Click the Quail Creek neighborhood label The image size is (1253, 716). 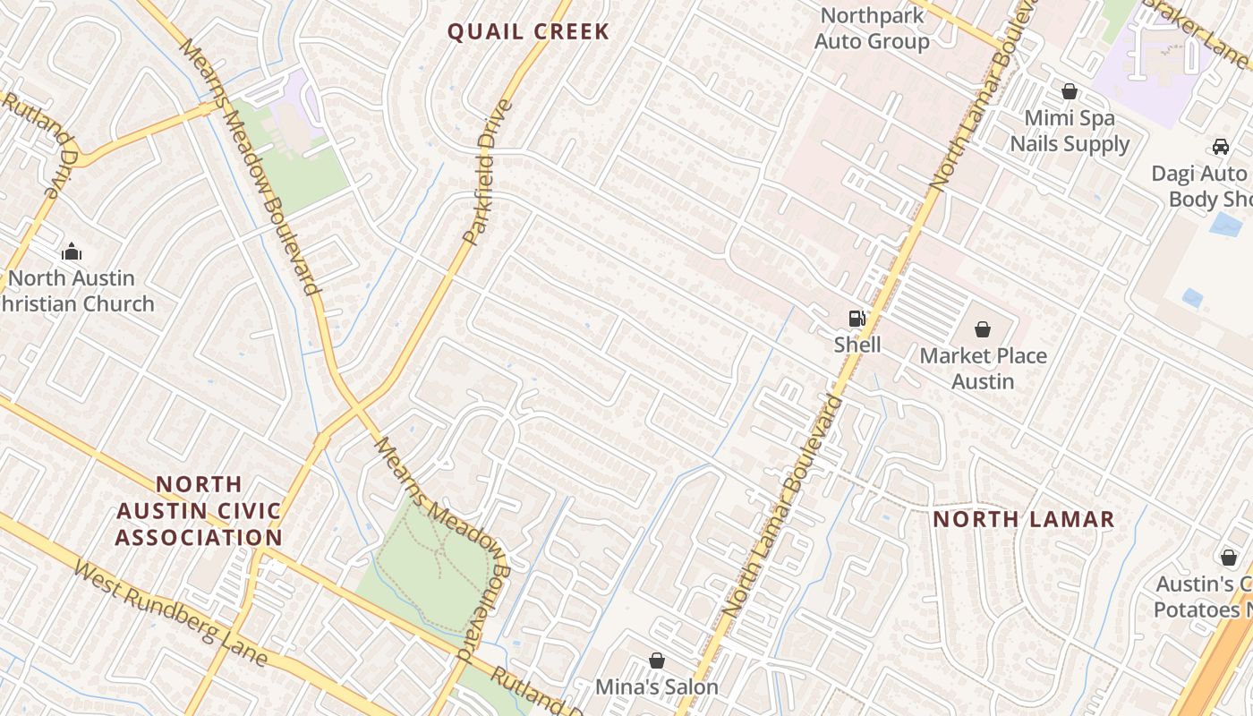pos(528,32)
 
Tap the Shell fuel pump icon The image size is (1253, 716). pos(857,319)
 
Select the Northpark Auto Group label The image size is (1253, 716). pos(872,29)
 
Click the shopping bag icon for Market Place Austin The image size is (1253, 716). pos(983,329)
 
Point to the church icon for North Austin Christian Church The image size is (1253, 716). pos(72,252)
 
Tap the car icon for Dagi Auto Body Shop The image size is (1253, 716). pos(1221,147)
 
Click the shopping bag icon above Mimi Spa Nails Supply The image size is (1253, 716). pos(1069,91)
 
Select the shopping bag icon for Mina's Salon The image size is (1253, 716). pos(657,661)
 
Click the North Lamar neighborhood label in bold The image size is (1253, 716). pos(1024,519)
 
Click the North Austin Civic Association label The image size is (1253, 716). pos(199,511)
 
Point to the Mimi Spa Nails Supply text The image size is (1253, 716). pos(1070,131)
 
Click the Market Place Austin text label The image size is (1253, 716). pos(983,369)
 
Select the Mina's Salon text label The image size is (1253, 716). pos(657,687)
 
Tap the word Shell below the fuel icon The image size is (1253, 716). pos(857,345)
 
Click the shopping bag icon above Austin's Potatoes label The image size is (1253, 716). pos(1229,558)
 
